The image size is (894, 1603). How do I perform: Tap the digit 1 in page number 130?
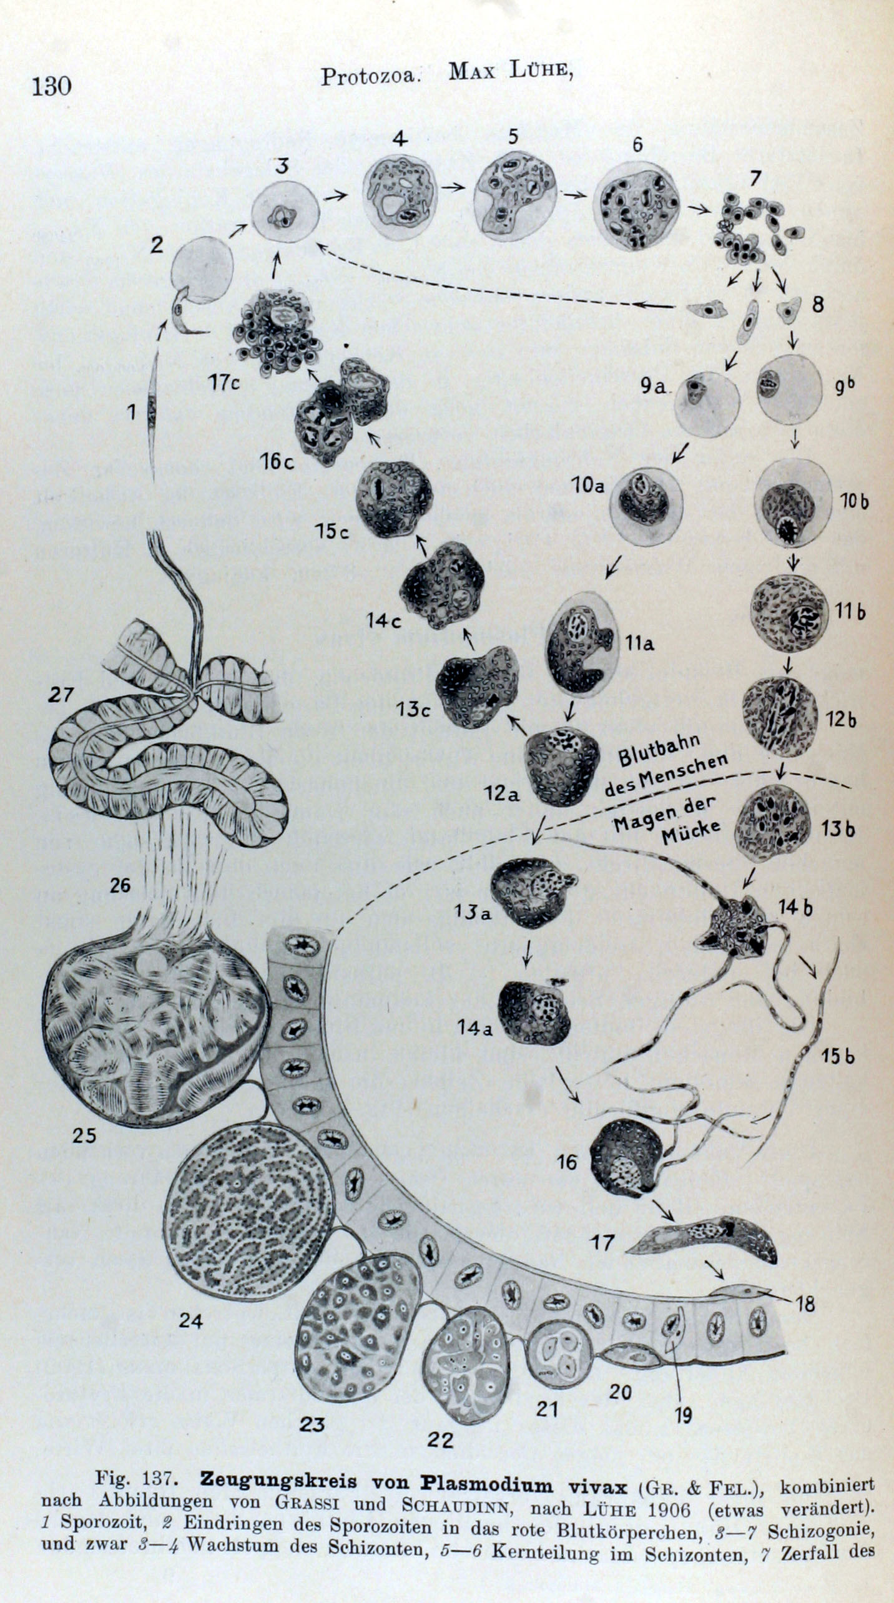[37, 85]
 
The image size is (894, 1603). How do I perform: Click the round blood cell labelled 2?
[202, 270]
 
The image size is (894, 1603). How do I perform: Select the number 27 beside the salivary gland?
[61, 694]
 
